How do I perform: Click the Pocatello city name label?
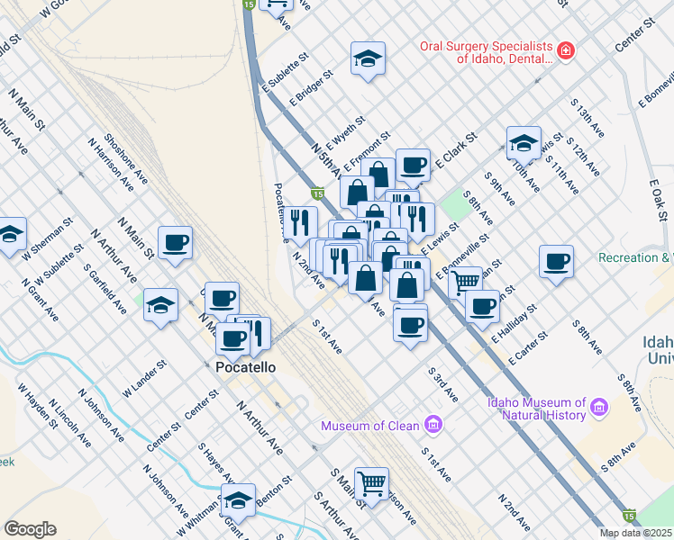pos(245,367)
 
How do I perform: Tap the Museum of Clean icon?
pos(433,423)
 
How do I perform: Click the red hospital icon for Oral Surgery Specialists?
pos(565,50)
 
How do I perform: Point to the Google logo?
pos(30,529)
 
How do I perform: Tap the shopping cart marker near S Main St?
pos(371,484)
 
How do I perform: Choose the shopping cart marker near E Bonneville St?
pos(465,282)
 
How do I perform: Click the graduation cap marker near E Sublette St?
pos(368,58)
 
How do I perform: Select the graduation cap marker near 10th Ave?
pos(524,142)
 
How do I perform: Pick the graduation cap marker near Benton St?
pos(239,499)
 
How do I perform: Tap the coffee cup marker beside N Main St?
pos(175,242)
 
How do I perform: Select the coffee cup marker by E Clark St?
pos(413,165)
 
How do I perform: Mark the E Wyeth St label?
pos(346,132)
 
